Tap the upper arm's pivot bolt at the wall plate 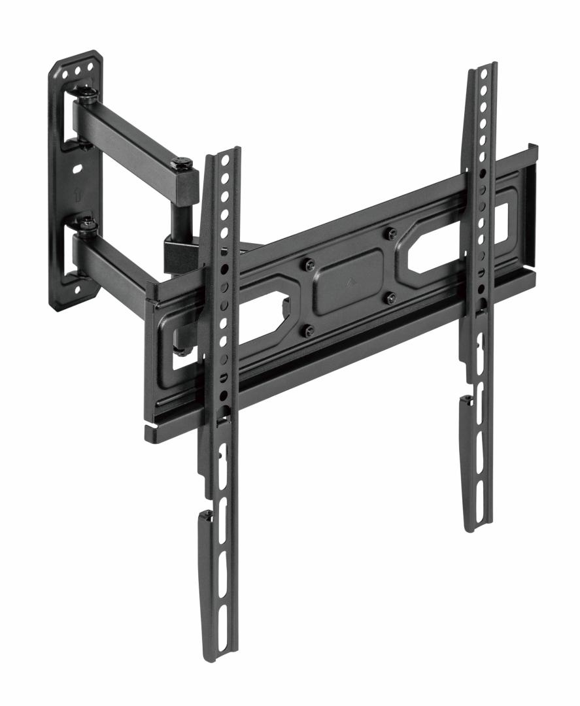point(87,97)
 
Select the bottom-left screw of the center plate point(309,331)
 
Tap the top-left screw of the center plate point(309,264)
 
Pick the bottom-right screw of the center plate point(390,298)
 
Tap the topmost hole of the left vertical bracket point(226,159)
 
